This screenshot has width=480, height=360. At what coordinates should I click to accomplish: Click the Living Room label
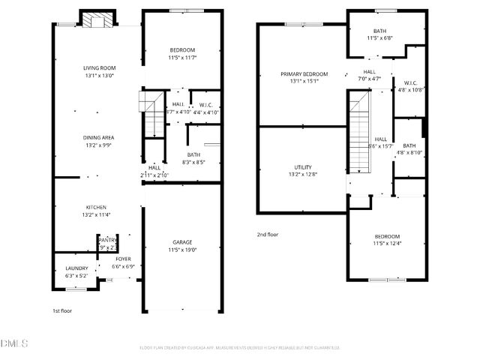coord(99,67)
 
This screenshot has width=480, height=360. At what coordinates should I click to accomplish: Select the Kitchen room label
coord(95,207)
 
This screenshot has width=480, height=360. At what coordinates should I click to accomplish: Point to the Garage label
coord(182,242)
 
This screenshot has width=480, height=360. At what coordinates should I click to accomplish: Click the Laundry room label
coord(76,268)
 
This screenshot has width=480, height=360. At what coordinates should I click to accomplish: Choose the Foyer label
coord(123,259)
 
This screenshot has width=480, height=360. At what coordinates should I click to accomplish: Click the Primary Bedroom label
coord(304,73)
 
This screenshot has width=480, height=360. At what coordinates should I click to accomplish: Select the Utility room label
coord(303,167)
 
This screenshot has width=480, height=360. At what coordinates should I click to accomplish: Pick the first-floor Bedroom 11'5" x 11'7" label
coord(181,49)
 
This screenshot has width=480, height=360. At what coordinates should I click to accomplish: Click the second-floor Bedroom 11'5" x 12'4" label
coord(388,237)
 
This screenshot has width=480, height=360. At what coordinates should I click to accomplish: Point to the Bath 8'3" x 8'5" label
coord(193,154)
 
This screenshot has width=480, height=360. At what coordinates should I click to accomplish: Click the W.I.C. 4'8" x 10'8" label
coord(410,82)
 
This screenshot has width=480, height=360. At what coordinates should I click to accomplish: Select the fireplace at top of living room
coord(98,19)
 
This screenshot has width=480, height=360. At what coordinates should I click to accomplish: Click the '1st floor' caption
coord(62,310)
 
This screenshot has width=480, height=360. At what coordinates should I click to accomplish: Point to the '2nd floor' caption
coord(268,234)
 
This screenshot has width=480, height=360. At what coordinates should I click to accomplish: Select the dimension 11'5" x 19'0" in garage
coord(182,249)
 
